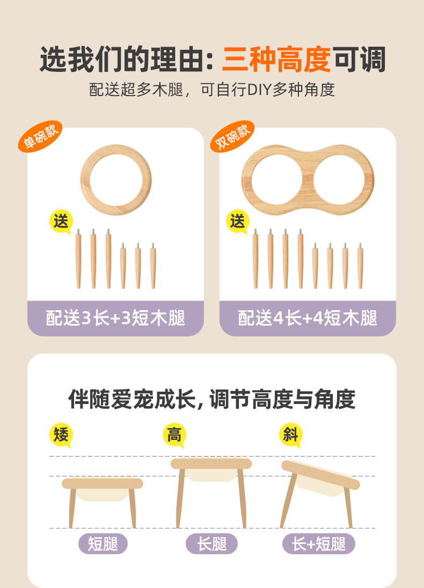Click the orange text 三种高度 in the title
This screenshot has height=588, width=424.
pos(276,60)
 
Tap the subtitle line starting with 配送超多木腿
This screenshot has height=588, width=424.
pos(212,90)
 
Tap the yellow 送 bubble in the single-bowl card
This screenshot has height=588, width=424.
pos(61,222)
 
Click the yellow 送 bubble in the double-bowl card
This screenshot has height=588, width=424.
pos(238,222)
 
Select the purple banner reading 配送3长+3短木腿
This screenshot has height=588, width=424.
pos(115,318)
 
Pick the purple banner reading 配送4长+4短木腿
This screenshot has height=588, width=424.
pos(308,318)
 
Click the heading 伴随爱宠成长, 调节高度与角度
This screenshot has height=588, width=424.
pos(211,399)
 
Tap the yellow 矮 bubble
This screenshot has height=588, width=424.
pos(61,435)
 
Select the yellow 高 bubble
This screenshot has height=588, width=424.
pos(174,435)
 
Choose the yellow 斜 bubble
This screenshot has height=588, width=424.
pos(290,435)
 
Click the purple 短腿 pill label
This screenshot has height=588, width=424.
pos(103,544)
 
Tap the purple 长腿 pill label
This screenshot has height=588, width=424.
pos(211,544)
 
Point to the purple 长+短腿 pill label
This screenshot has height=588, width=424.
pos(319,544)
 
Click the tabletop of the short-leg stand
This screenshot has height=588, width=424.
pos(103,483)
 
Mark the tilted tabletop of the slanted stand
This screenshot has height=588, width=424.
pos(320,475)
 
